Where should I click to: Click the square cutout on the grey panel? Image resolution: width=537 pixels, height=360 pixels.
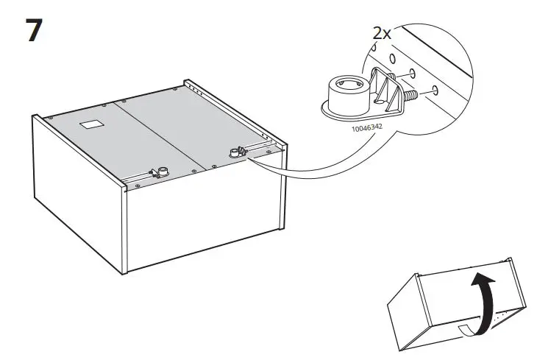[x=90, y=124]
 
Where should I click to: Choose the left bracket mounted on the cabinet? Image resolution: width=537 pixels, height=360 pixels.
[x=157, y=173]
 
